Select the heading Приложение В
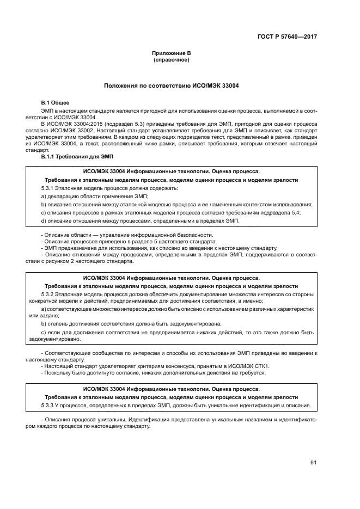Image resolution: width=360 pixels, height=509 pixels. click(172, 53)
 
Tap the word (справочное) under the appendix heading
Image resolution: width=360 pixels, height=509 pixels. click(172, 59)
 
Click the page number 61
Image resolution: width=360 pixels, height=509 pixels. click(313, 463)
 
